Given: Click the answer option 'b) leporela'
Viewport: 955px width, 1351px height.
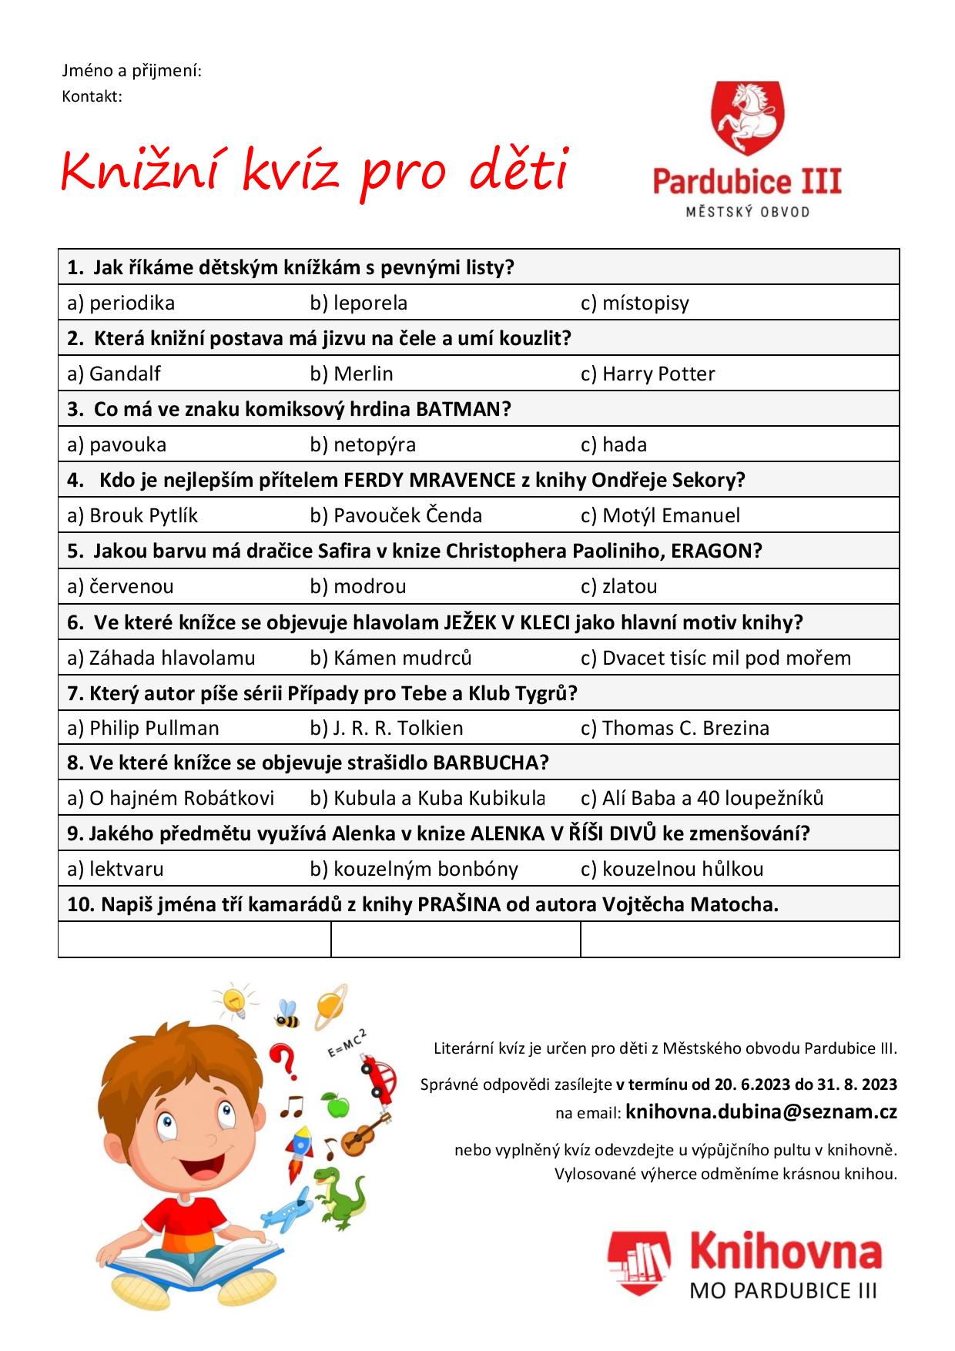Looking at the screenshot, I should coord(358,303).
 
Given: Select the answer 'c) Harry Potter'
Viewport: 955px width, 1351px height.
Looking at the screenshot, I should coord(647,374).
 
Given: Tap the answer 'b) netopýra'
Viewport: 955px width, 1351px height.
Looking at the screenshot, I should coord(363,444).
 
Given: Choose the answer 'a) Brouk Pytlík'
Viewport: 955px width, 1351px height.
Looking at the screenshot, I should coord(132,515).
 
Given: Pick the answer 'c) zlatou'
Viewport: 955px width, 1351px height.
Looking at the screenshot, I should coord(618,586).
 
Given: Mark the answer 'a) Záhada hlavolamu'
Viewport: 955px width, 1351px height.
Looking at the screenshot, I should coord(161,658).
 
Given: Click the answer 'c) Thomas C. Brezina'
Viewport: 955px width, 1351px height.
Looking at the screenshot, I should coord(675,728).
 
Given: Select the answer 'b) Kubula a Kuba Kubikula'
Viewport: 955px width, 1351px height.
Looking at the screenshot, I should coord(427,798).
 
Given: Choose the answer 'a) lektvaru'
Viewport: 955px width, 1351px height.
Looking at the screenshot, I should coord(116,869).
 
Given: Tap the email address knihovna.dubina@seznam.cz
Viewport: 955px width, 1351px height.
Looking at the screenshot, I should coord(761,1111).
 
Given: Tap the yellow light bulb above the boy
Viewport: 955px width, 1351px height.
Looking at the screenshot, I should coord(233,999).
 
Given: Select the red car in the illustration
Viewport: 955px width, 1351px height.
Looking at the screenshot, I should coord(379,1076).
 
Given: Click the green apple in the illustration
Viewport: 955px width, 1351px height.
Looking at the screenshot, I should coord(335,1105).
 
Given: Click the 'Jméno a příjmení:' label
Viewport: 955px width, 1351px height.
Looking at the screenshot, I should coord(132,71).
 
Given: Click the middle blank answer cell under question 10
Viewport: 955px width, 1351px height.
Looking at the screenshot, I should coord(455,939).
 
